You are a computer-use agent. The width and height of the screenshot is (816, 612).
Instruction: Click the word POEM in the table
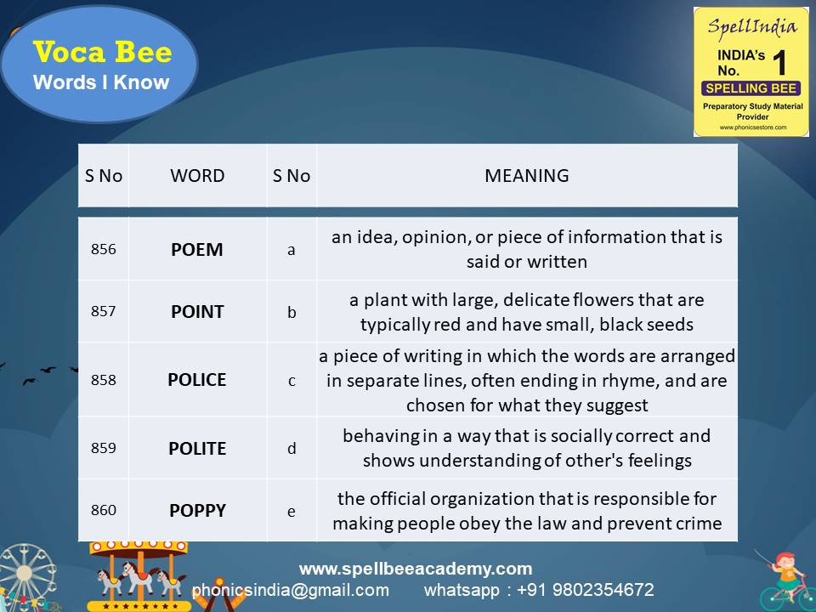coord(197,250)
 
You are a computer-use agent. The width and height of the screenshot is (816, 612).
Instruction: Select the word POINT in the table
coord(197,312)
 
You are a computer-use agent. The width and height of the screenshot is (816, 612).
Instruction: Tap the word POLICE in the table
coord(197,380)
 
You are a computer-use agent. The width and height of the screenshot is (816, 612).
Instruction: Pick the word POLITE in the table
coord(197,448)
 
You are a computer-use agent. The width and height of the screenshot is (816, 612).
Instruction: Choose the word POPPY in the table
coord(197,511)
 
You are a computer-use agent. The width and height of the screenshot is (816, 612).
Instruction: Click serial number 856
coord(104,250)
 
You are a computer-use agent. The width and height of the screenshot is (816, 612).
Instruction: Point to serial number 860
coord(104,511)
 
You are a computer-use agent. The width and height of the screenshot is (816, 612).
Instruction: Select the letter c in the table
coord(292,381)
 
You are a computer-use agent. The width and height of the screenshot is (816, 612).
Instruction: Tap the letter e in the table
coord(292,511)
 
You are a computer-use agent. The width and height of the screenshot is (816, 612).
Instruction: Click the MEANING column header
coord(526,176)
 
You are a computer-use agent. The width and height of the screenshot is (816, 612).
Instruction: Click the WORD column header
coord(197,176)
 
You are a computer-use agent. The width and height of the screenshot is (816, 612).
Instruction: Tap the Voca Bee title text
coord(102,53)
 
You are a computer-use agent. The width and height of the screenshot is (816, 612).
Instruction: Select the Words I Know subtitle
coord(101,82)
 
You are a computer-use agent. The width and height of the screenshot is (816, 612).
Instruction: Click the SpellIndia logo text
coord(751,26)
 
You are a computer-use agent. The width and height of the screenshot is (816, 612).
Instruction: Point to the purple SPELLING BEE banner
coord(751,88)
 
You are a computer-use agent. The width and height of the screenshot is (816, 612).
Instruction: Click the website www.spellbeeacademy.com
coord(416,569)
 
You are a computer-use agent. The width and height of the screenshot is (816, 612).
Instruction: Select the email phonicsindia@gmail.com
coord(291,590)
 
